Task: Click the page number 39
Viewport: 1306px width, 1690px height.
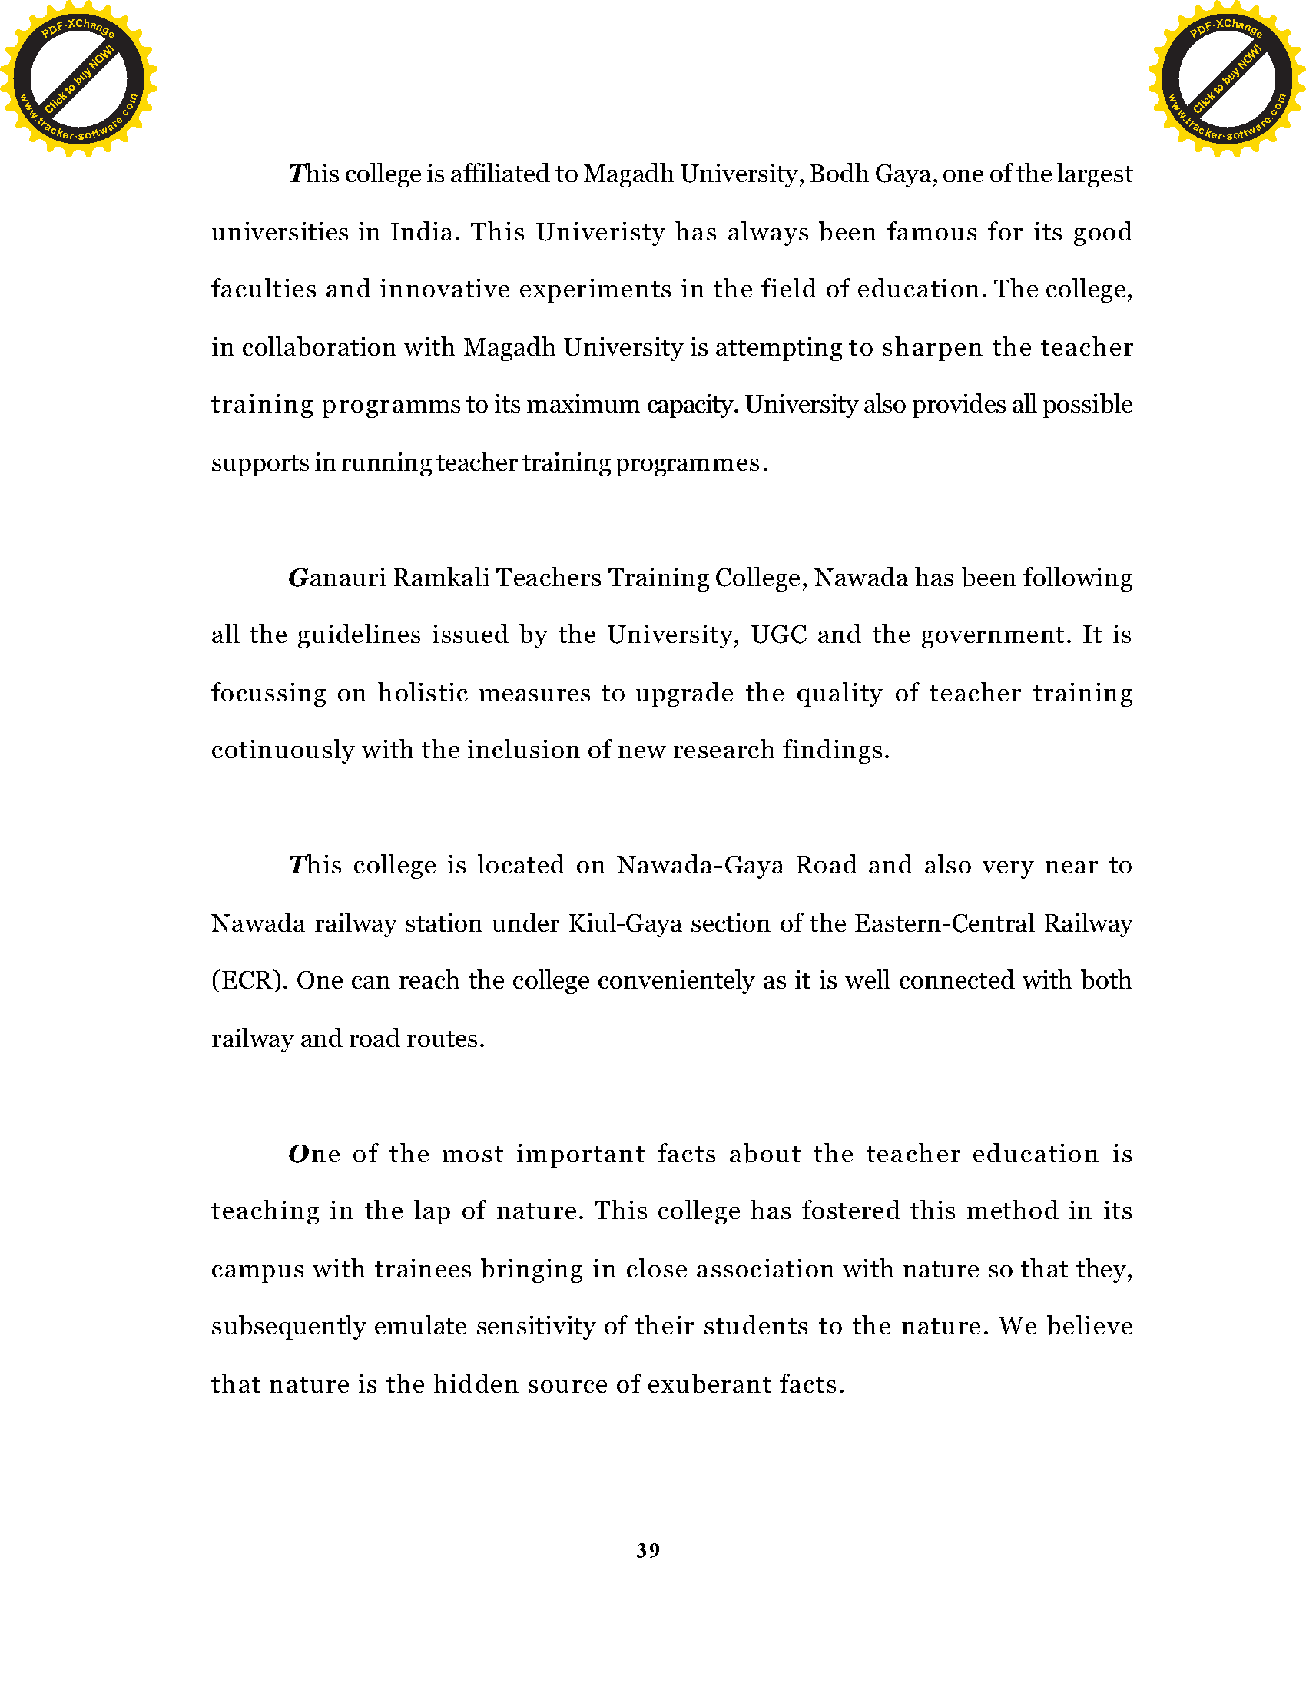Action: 648,1550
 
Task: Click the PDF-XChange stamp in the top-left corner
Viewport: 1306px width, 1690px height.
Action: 79,79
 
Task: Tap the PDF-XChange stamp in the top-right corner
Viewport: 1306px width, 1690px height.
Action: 1227,79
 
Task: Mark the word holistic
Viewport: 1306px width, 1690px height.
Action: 423,693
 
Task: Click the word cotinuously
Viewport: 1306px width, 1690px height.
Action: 283,751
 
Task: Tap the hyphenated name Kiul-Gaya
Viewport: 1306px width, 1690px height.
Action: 625,923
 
